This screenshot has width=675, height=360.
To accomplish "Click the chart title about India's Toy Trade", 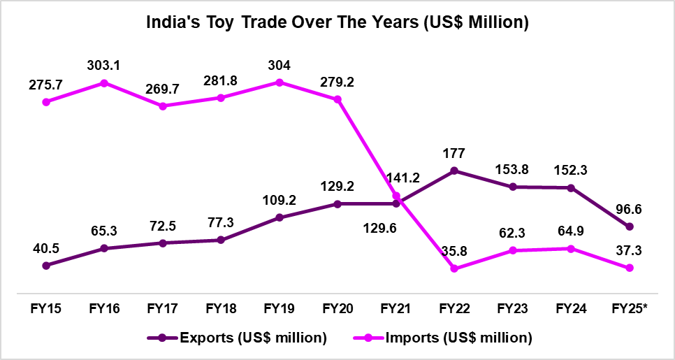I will [x=337, y=22].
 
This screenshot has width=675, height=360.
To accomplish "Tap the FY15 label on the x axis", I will [x=45, y=308].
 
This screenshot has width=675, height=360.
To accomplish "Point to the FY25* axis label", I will [x=630, y=308].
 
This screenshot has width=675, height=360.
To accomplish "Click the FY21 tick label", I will [x=395, y=308].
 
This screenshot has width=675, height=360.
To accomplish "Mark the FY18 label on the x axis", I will [x=220, y=308].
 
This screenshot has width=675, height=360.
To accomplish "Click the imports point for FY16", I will [x=104, y=83].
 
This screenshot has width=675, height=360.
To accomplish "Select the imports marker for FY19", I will [x=280, y=82].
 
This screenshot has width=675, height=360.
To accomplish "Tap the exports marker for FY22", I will [x=454, y=170].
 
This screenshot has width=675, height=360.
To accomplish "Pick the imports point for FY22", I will [x=454, y=268].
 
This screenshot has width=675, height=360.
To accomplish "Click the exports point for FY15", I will [x=46, y=266].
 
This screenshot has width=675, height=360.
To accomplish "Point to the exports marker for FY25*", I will [x=630, y=226].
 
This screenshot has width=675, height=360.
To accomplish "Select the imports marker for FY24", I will [x=571, y=249].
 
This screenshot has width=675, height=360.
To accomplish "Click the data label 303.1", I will [x=104, y=66].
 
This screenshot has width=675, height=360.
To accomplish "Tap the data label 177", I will [x=454, y=154].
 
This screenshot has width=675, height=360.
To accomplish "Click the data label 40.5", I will [x=46, y=249].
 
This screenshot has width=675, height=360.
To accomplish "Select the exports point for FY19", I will [x=280, y=217].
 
